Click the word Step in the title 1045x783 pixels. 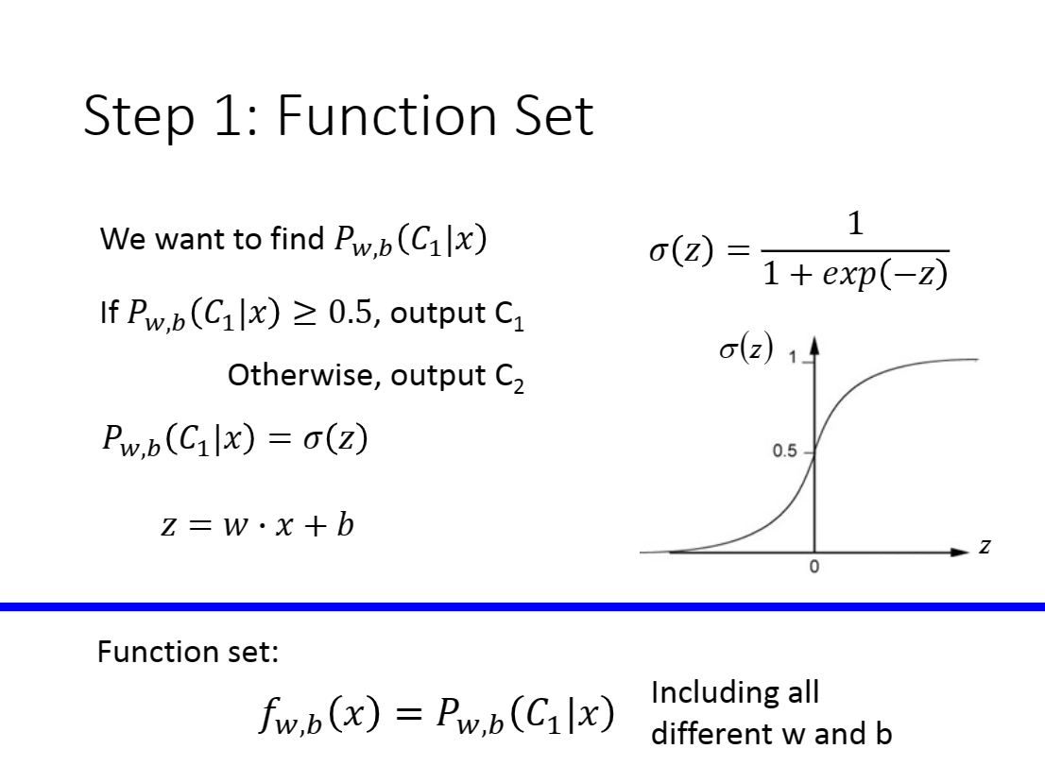139,116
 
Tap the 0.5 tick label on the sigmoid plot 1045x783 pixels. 784,451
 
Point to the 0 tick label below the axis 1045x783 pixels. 814,567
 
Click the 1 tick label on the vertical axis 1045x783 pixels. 793,358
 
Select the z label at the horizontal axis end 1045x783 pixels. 985,547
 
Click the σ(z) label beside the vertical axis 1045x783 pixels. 746,348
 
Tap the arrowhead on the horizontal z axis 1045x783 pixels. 960,552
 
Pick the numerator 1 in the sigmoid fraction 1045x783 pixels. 856,223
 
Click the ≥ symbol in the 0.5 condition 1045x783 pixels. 305,313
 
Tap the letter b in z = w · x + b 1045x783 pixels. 345,524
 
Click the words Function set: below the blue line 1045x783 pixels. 188,652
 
